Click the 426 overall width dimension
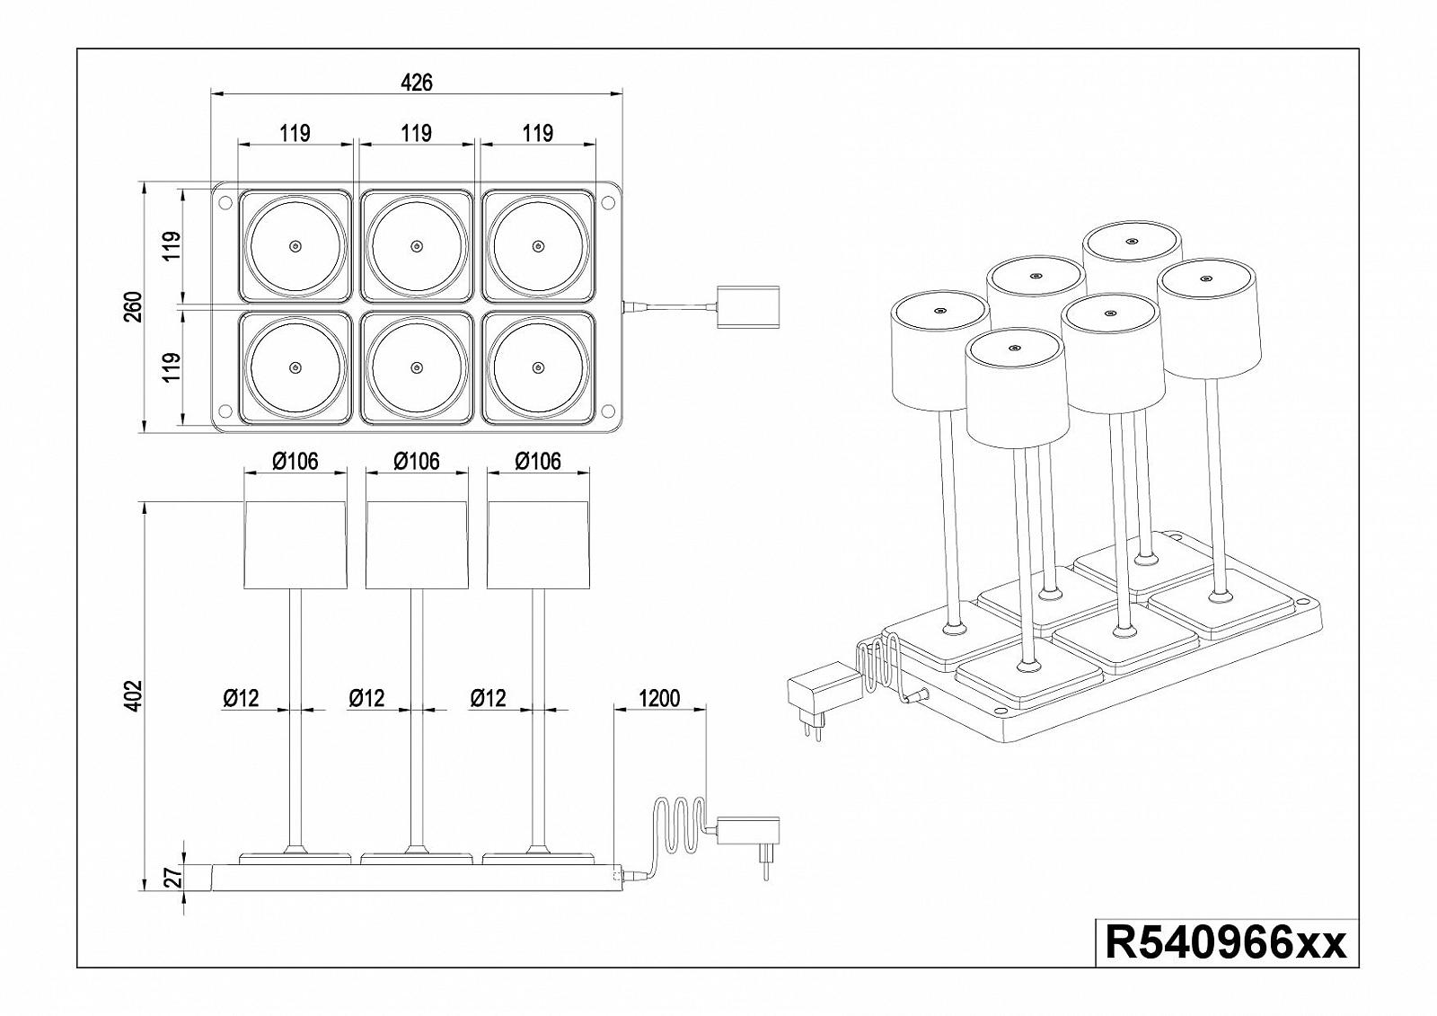[416, 83]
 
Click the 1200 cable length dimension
[659, 698]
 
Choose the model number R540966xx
[1226, 944]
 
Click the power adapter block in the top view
[749, 307]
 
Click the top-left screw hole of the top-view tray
[225, 202]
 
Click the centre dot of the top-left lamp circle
[295, 246]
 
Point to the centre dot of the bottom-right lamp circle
[538, 367]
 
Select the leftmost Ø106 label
[295, 461]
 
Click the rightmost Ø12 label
[488, 698]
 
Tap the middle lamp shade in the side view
[417, 545]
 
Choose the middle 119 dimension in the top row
[416, 134]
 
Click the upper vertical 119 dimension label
[173, 245]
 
